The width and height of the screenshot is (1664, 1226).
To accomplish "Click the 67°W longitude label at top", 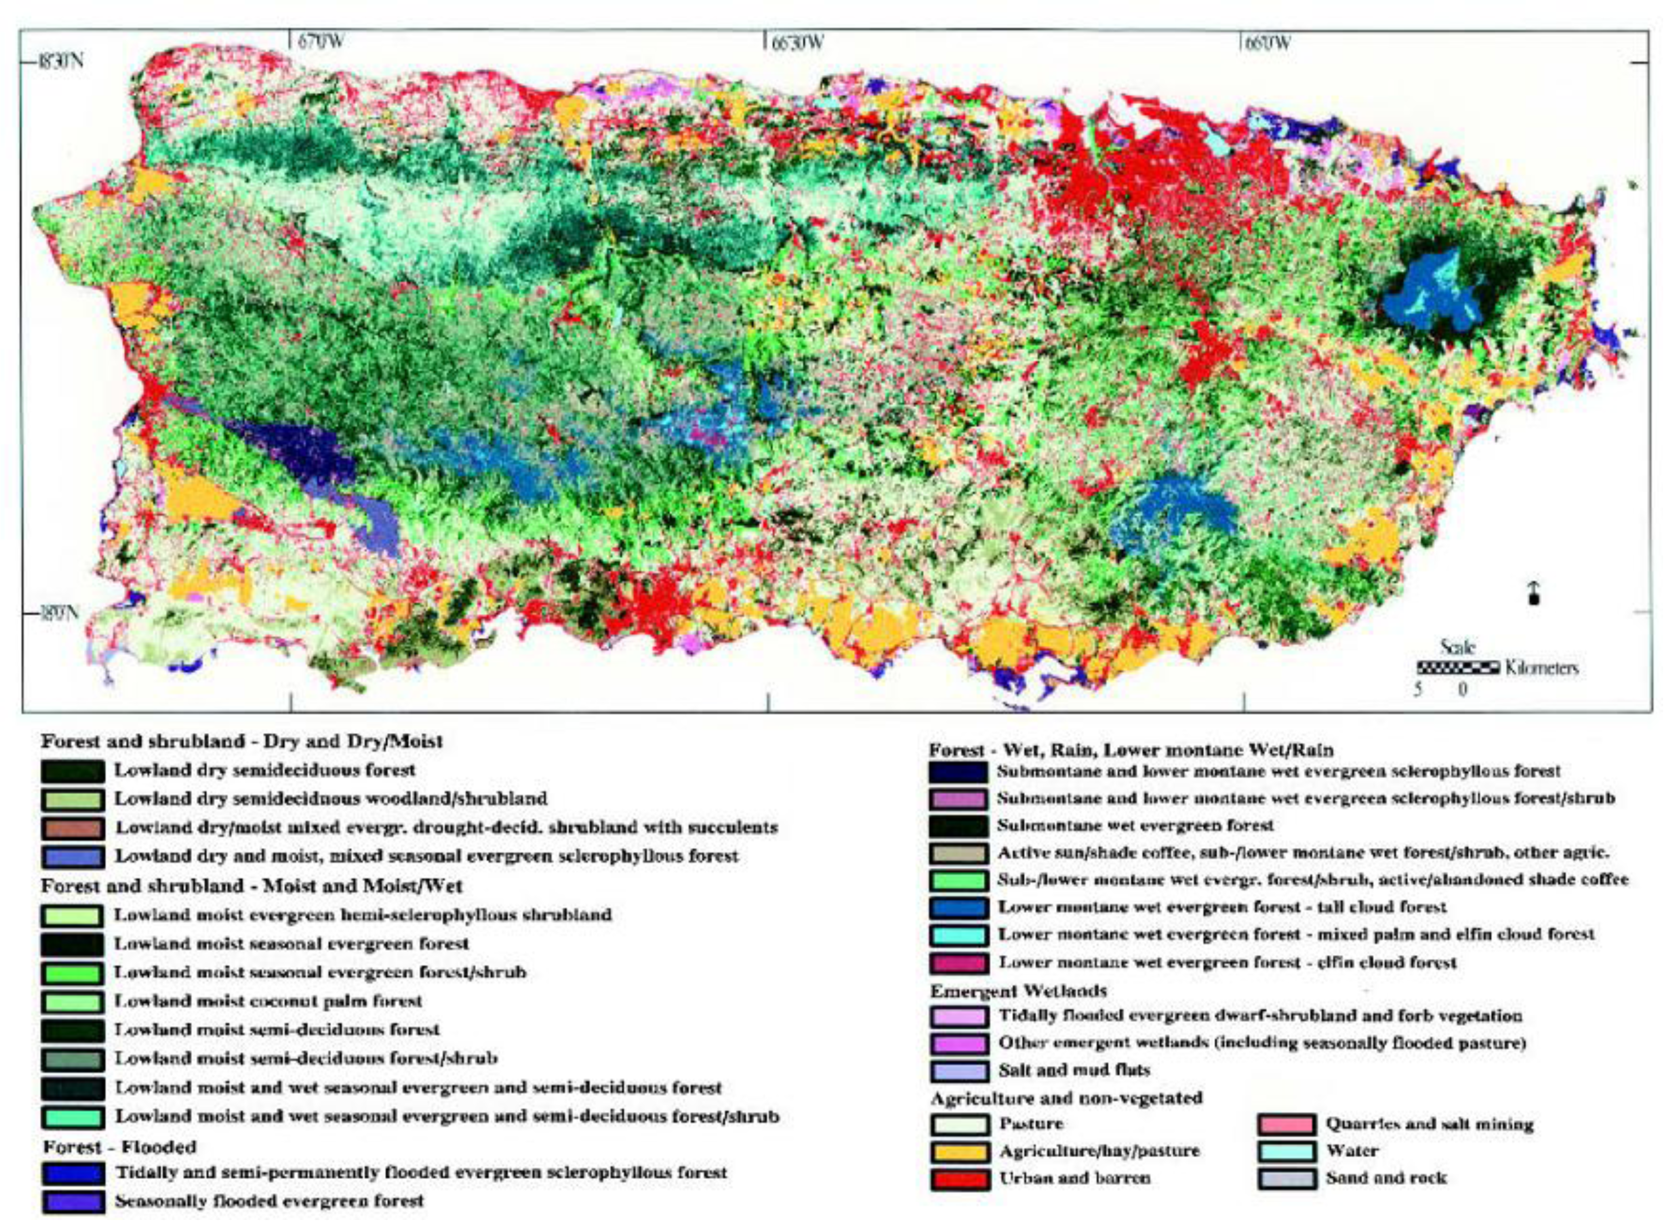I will (x=320, y=42).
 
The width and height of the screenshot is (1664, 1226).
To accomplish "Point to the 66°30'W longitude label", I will (x=797, y=42).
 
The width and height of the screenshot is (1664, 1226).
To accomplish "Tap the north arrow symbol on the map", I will (x=1533, y=593).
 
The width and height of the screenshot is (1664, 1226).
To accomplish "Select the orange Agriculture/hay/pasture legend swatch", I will (x=959, y=1152).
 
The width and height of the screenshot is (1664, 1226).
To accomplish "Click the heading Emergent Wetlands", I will (x=1018, y=991).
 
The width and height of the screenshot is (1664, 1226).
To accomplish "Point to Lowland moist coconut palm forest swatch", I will (x=72, y=1002).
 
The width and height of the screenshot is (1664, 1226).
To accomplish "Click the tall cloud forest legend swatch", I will (x=958, y=907).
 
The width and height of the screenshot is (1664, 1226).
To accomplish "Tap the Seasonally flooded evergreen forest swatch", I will (x=72, y=1202).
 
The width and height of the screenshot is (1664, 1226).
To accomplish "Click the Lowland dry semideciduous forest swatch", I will (x=72, y=771).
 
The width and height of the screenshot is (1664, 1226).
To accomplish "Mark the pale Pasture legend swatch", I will (x=959, y=1124).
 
